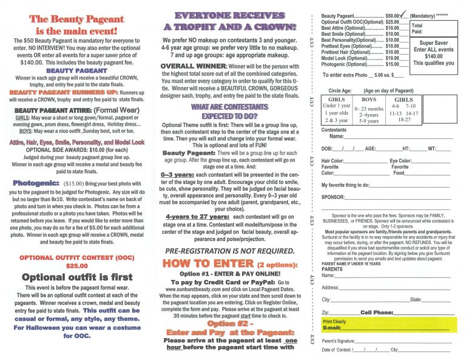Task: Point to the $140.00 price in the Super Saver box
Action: coord(433,56)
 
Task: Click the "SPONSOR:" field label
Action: coord(333,197)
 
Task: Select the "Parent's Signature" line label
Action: coord(338,341)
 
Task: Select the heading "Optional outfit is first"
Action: coord(76,277)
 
